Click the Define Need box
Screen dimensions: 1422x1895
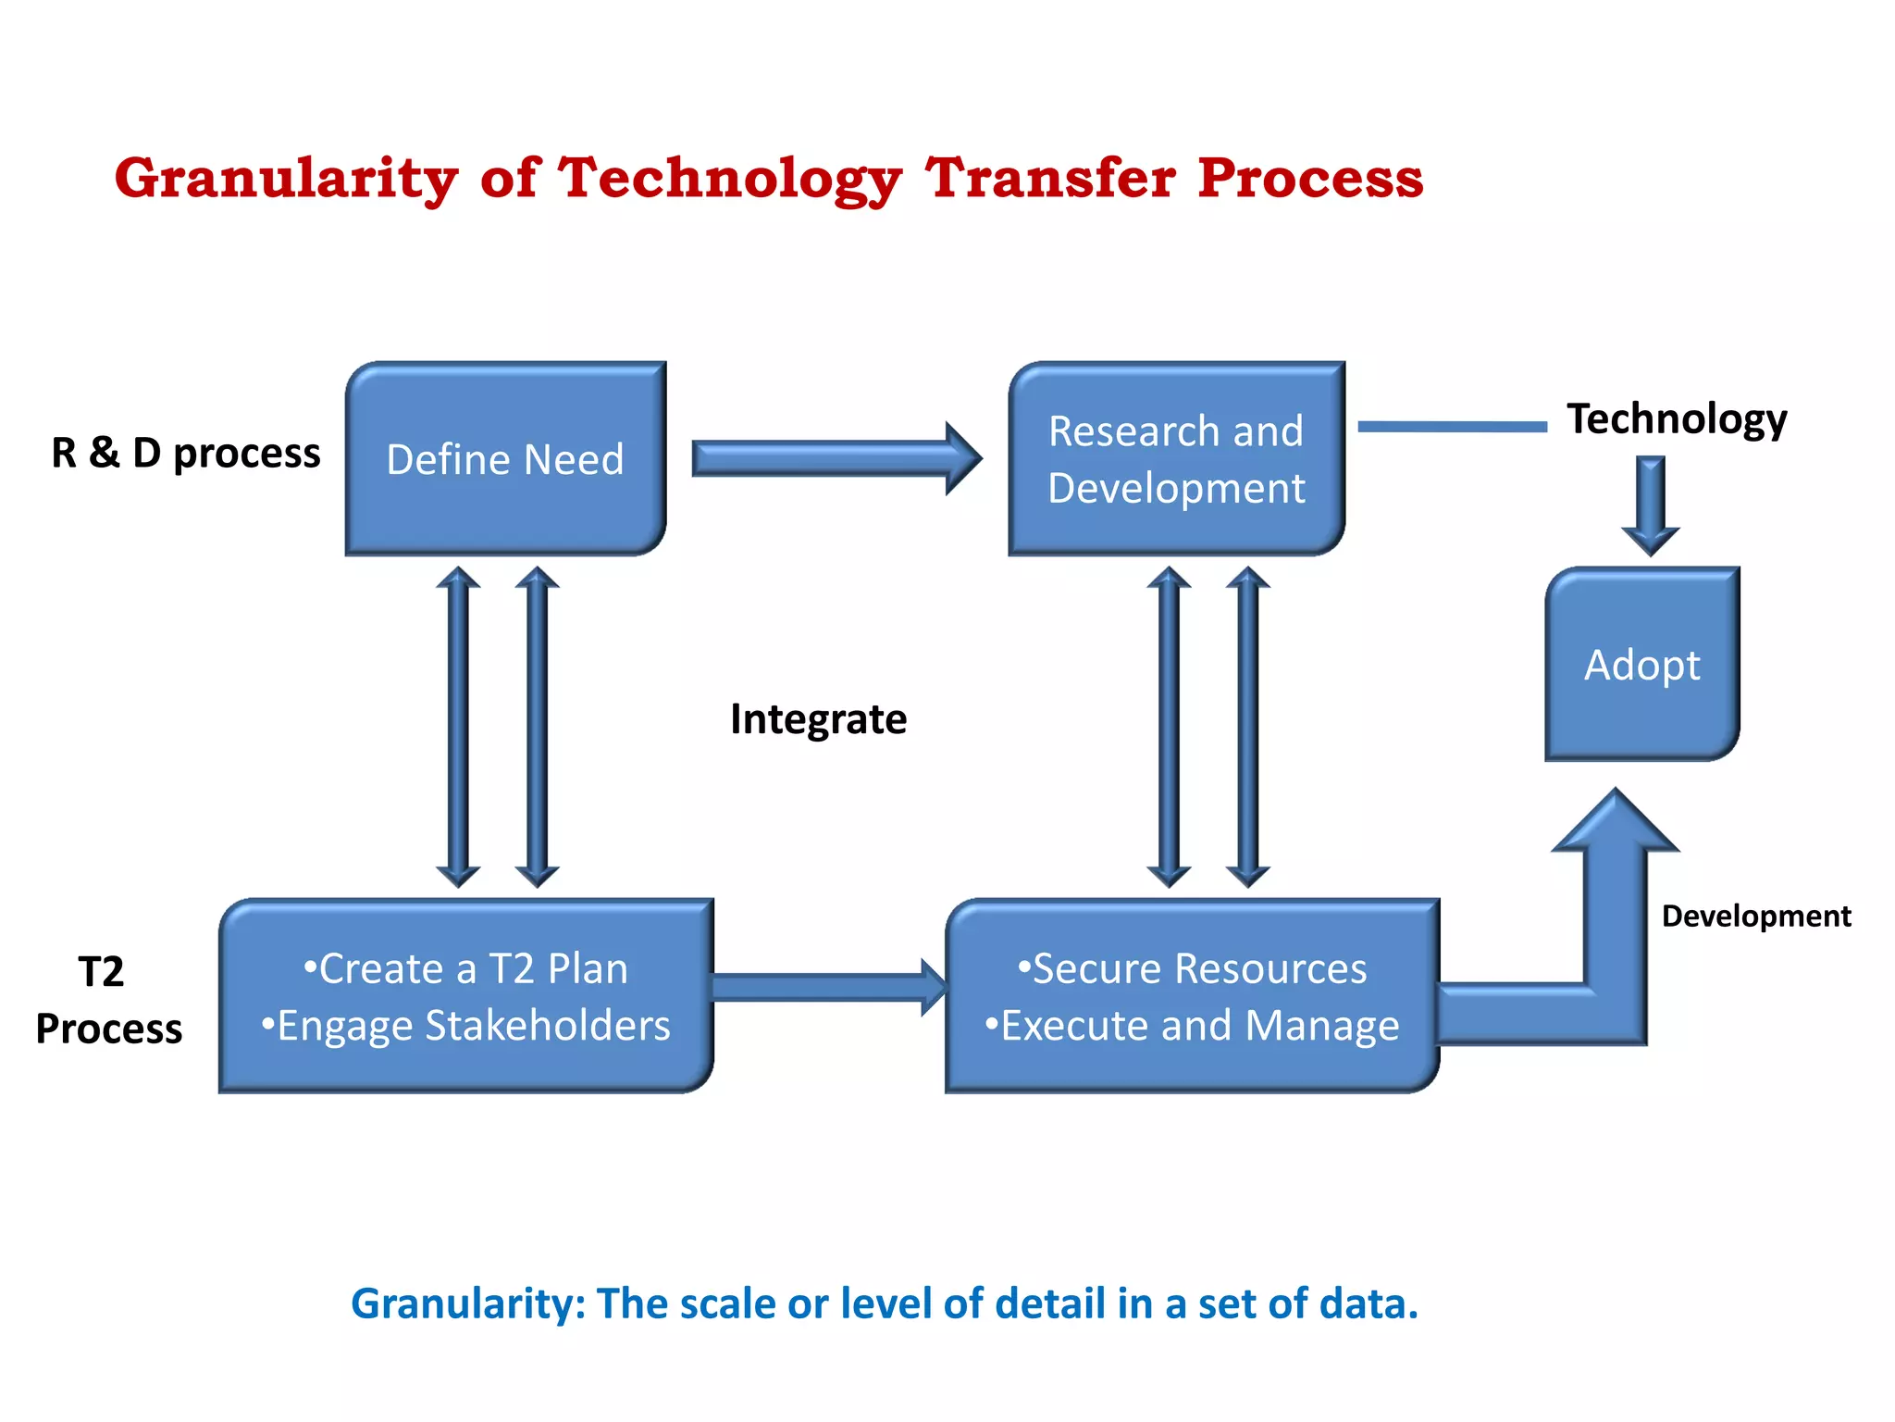[505, 459]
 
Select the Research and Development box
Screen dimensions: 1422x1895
[1176, 459]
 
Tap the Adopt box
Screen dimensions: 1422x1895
[1642, 665]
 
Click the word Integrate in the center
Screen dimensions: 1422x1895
[818, 719]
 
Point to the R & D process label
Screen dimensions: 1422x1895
[185, 453]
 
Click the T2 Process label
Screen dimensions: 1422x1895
[107, 1001]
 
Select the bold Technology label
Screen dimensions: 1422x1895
[1676, 418]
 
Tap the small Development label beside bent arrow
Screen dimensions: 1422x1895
[1755, 917]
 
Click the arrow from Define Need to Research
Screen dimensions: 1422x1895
[833, 458]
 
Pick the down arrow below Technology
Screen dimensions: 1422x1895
[1650, 505]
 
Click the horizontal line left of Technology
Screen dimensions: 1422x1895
[1452, 427]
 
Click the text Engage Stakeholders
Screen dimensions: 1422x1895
[473, 1026]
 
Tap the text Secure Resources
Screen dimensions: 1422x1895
[1199, 969]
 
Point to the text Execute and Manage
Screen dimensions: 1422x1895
[1199, 1026]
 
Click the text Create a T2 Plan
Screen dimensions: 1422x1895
[473, 969]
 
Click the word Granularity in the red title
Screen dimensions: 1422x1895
[286, 178]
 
